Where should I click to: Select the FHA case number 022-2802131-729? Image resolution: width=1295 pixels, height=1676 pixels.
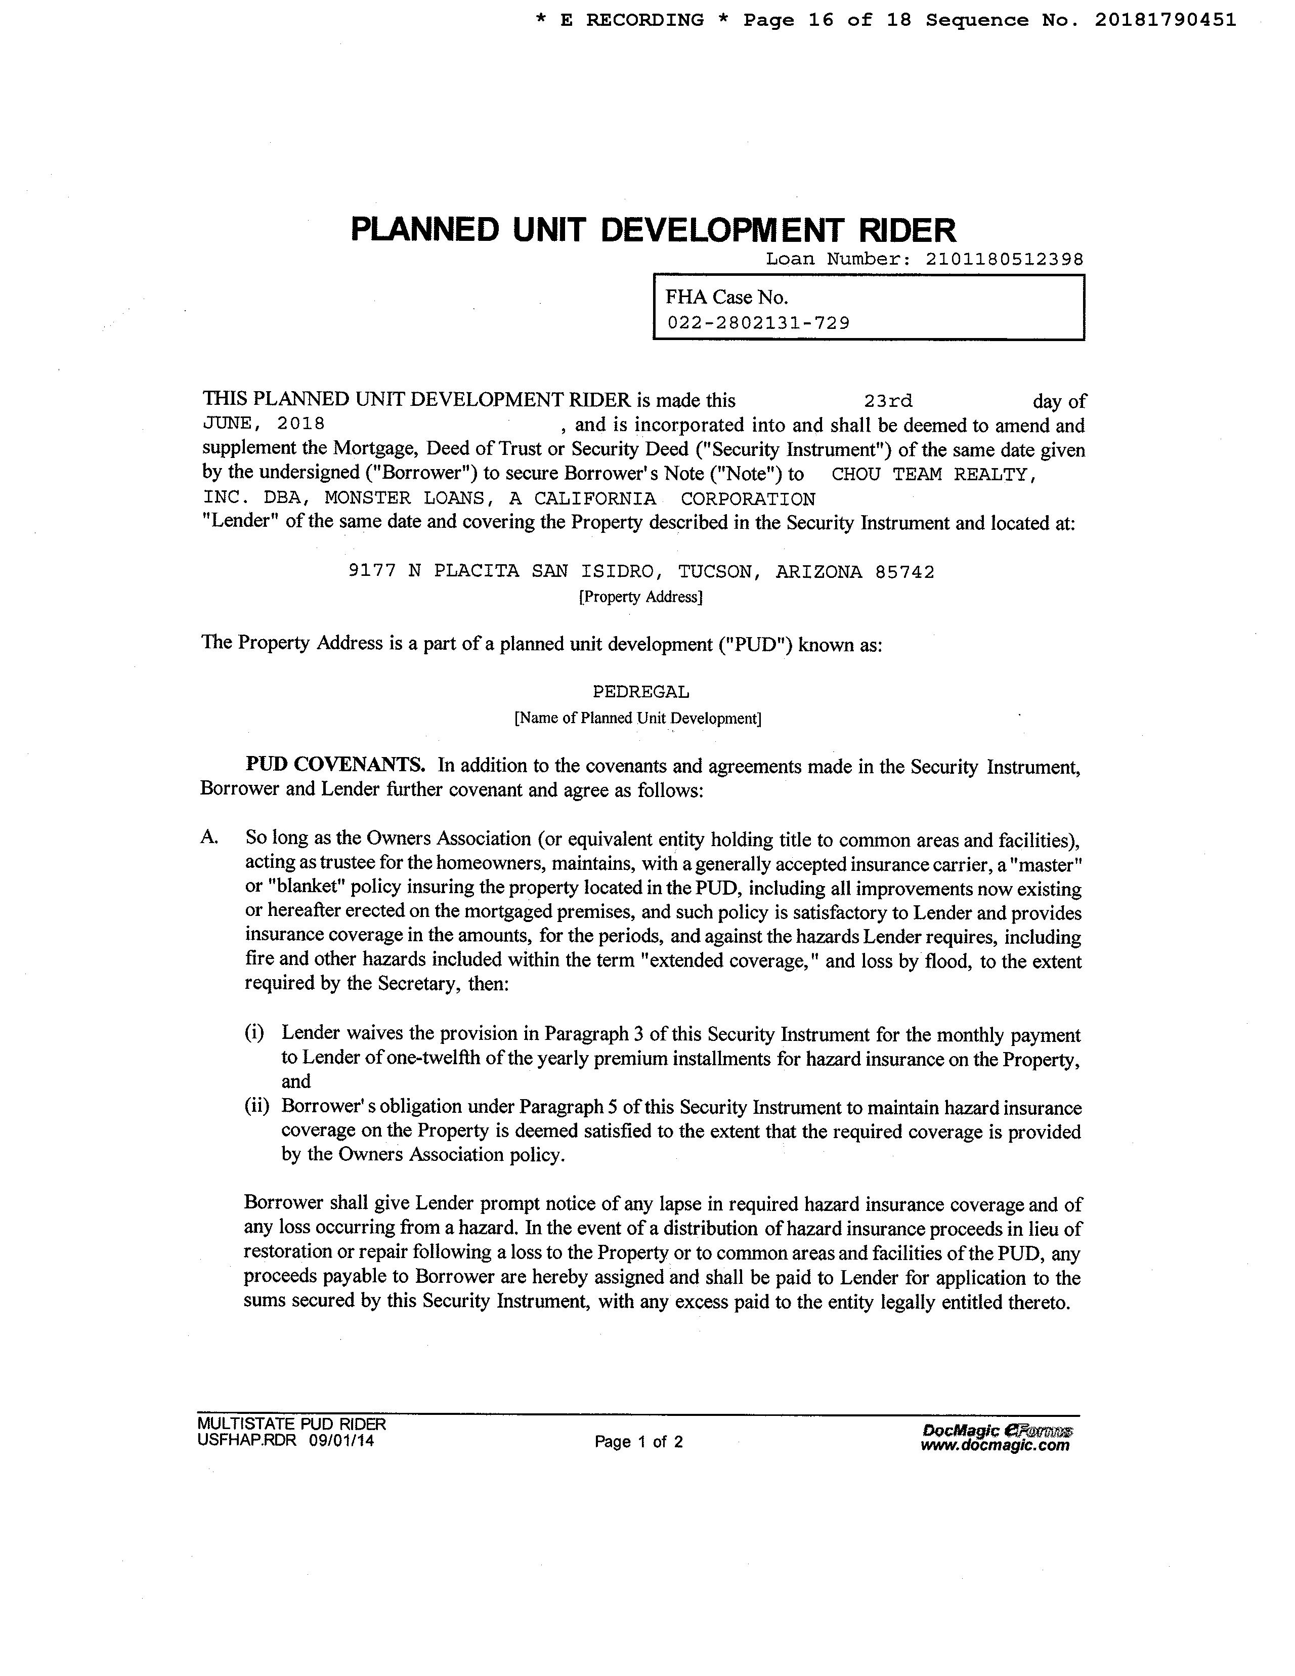coord(758,322)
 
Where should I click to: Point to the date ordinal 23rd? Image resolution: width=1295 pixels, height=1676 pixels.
coord(888,401)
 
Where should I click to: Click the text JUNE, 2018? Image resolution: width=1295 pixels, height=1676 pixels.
coord(263,424)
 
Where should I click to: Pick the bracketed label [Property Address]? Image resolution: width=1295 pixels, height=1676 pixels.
coord(640,597)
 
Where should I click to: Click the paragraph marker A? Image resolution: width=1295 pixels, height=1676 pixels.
coord(209,838)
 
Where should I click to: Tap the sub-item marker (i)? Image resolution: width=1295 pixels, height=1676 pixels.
coord(254,1033)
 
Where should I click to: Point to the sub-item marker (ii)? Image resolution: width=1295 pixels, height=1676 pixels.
coord(256,1107)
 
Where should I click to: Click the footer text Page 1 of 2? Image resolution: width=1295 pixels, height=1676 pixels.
coord(638,1441)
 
